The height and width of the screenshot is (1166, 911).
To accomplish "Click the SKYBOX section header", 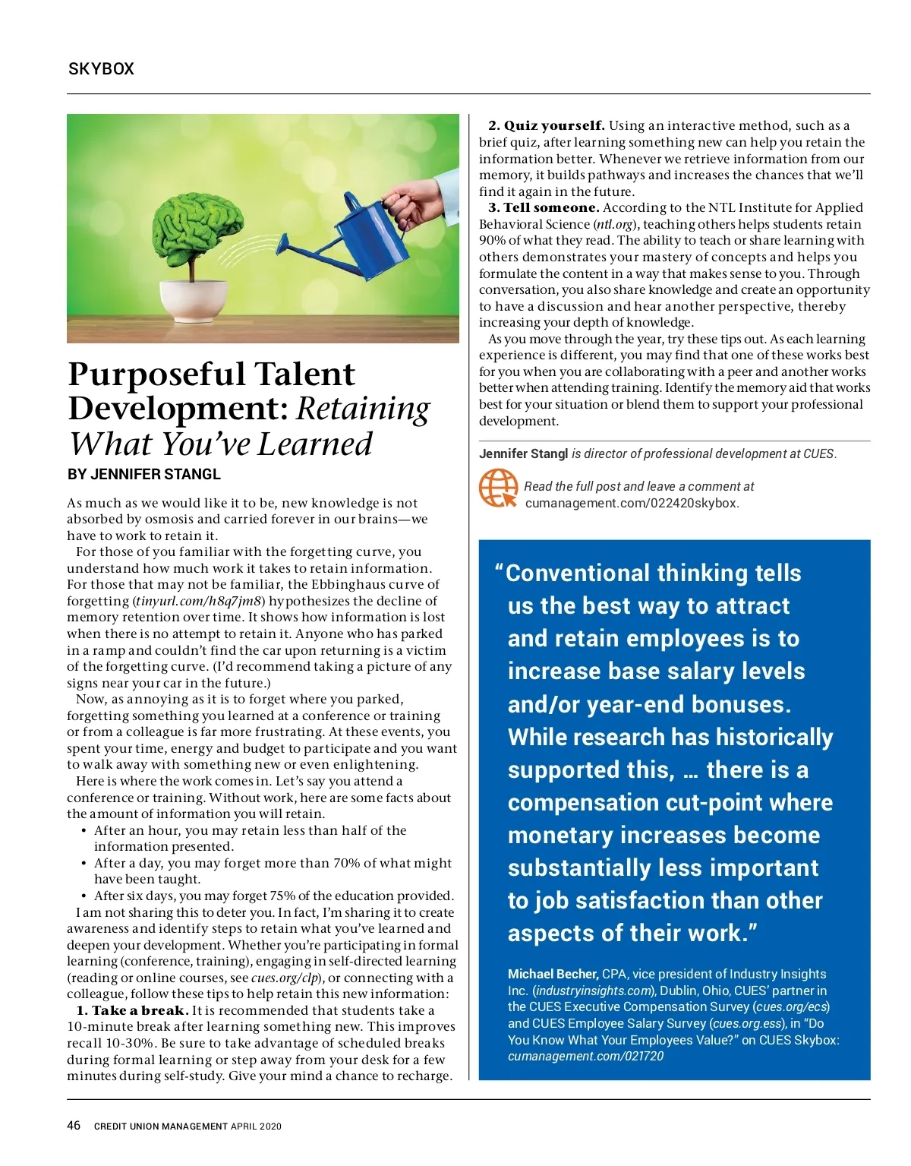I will click(101, 69).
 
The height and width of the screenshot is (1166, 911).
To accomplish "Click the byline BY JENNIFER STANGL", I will click(144, 475).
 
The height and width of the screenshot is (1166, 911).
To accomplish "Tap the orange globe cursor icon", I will click(498, 488).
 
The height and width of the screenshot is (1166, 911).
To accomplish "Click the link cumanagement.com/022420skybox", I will click(632, 503).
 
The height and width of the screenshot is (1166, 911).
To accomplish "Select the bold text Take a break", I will click(139, 1010).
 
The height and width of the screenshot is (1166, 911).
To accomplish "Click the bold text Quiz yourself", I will click(554, 126).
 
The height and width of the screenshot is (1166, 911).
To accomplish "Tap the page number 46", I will click(74, 1125).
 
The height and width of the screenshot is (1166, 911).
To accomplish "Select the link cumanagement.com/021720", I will click(585, 1056).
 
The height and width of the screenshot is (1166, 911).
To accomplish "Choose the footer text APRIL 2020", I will click(256, 1127).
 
